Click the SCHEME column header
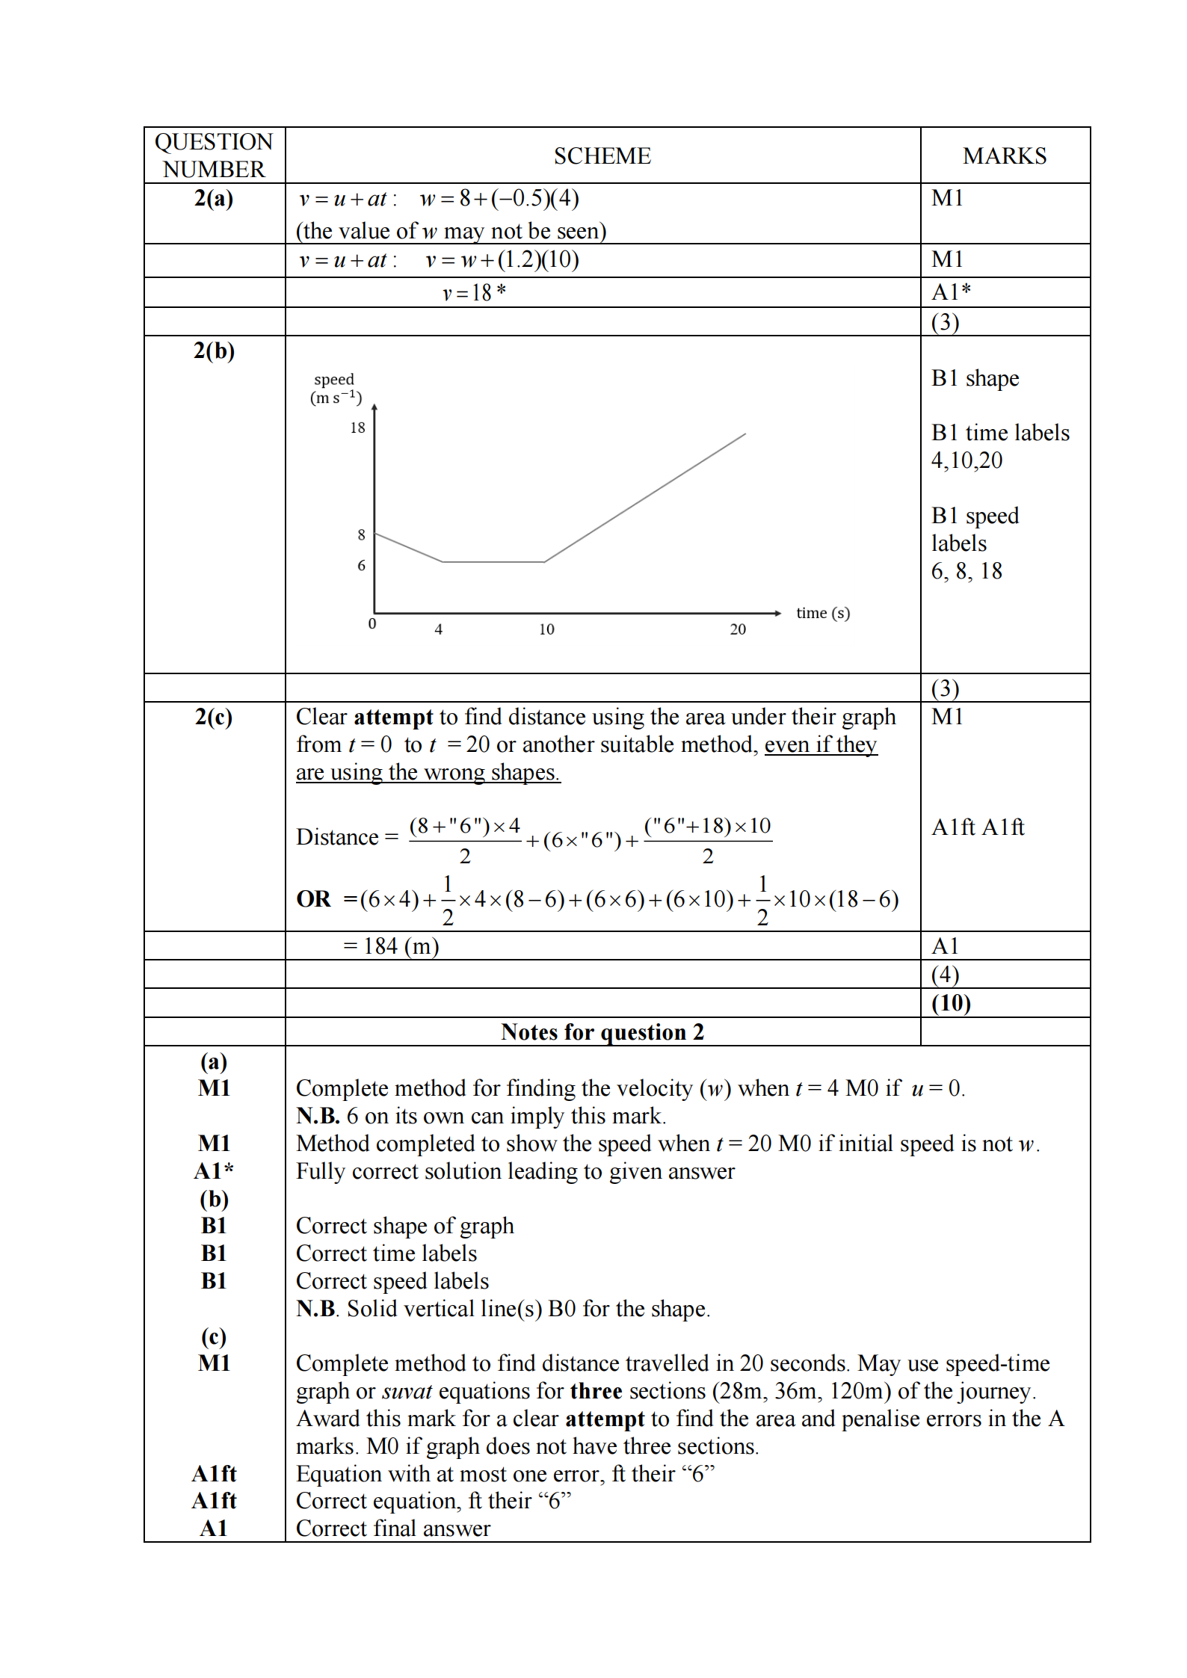click(x=602, y=155)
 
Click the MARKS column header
click(x=1004, y=155)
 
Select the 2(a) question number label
click(x=214, y=198)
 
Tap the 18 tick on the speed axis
click(x=358, y=428)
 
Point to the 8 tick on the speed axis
click(x=362, y=534)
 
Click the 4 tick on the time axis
click(x=439, y=629)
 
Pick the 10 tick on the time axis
click(x=546, y=629)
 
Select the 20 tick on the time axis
click(x=738, y=629)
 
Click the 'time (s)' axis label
click(x=823, y=613)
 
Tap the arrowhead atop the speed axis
click(x=374, y=407)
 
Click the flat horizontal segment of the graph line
click(x=493, y=561)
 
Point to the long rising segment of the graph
click(x=645, y=497)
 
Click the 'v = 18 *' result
click(x=474, y=292)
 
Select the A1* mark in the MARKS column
click(x=951, y=292)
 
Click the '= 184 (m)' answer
click(x=391, y=946)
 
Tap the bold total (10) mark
click(x=951, y=1003)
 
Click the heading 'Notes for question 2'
click(x=602, y=1032)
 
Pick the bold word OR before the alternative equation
click(x=313, y=898)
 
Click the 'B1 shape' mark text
click(x=975, y=378)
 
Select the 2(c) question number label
click(x=214, y=717)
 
